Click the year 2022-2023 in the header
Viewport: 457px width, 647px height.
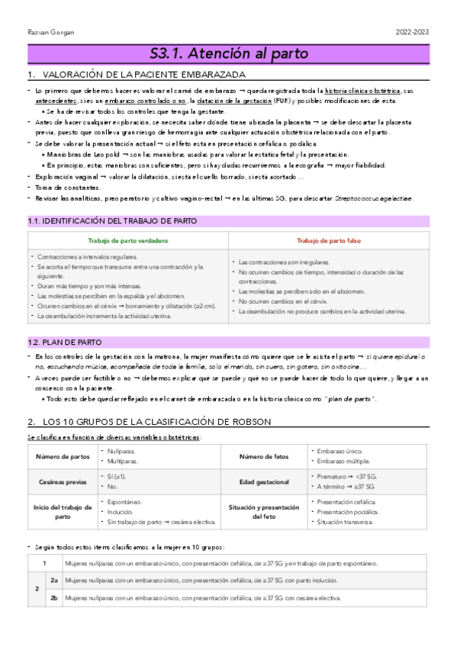click(413, 32)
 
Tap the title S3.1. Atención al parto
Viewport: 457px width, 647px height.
click(228, 53)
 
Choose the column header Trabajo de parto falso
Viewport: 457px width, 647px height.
click(328, 241)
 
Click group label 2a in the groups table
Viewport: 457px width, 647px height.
click(54, 581)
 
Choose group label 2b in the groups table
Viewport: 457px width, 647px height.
click(54, 599)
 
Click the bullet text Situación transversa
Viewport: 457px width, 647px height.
click(346, 522)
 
